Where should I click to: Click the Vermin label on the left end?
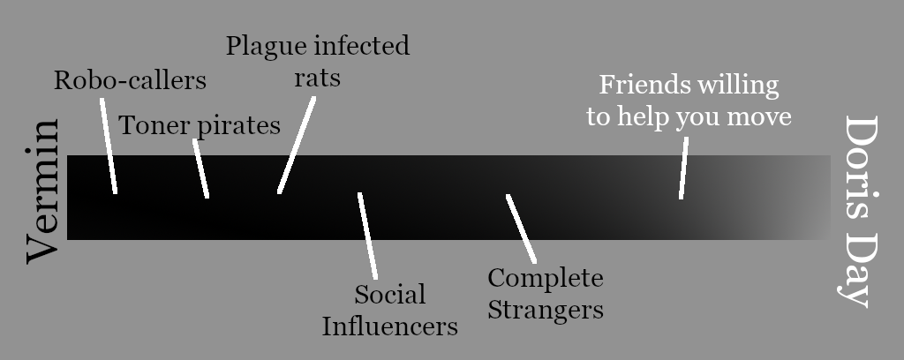[x=41, y=191]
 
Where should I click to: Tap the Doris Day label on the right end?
[x=859, y=211]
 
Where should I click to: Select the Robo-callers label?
[x=130, y=80]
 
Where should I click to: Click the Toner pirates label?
[x=200, y=125]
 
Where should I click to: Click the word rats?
[x=317, y=77]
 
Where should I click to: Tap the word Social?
[x=390, y=294]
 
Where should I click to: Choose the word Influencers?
[x=389, y=326]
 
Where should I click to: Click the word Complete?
[x=546, y=279]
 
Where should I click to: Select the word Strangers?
[x=546, y=310]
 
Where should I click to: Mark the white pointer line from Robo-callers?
[x=109, y=146]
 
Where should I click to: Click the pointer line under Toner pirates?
[x=201, y=169]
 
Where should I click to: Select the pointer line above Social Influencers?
[x=368, y=235]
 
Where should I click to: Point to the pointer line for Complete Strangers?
[x=521, y=228]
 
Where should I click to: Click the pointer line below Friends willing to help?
[x=684, y=168]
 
